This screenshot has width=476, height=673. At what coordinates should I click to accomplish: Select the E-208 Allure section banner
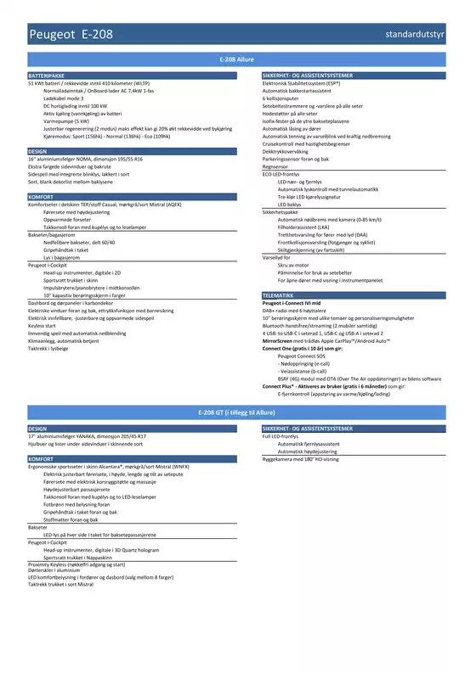pyautogui.click(x=237, y=60)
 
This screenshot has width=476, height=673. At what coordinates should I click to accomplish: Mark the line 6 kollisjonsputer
pyautogui.click(x=286, y=98)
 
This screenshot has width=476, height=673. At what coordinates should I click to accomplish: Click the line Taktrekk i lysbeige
pyautogui.click(x=50, y=348)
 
